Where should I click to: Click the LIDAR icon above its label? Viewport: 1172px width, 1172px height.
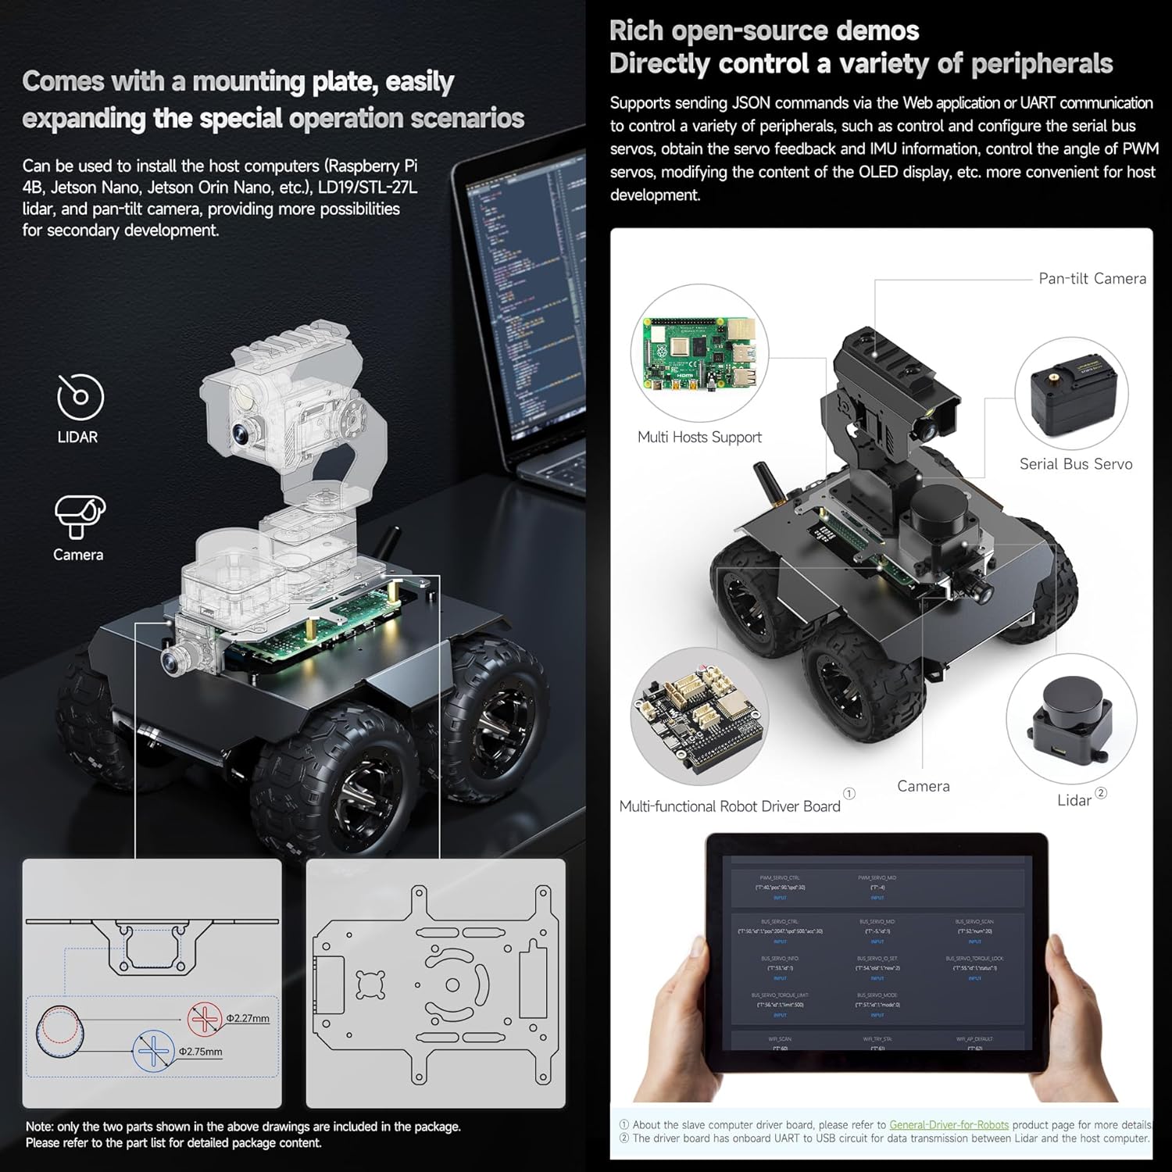[x=80, y=397]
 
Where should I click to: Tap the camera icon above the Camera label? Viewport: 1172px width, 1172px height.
[x=80, y=516]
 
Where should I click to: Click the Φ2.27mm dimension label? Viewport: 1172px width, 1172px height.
[x=248, y=1019]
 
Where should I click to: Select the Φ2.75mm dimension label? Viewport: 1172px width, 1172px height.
[x=201, y=1052]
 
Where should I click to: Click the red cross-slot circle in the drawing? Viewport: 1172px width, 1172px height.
[x=205, y=1019]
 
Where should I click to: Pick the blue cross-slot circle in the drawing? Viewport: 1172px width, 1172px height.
[x=153, y=1052]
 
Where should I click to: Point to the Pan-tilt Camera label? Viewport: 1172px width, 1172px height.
[x=1092, y=279]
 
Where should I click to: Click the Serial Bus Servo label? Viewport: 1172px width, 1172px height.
[x=1075, y=464]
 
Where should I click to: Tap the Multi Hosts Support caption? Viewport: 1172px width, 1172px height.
[x=699, y=438]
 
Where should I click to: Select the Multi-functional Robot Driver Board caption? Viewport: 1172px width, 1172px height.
[x=729, y=806]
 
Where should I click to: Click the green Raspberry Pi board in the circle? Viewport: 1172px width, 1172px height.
[x=699, y=353]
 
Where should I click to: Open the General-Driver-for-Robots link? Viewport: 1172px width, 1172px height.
[x=949, y=1125]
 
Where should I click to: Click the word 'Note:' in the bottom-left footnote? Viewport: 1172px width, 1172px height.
[x=40, y=1127]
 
